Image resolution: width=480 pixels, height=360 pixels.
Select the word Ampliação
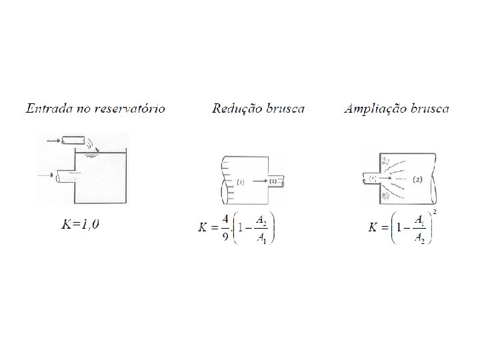(375, 108)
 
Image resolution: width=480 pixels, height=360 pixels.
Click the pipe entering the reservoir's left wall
(67, 175)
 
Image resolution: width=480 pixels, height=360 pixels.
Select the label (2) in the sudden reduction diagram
(273, 180)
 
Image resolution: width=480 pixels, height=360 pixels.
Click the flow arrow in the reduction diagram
(259, 180)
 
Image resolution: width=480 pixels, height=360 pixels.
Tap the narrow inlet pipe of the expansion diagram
(369, 179)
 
